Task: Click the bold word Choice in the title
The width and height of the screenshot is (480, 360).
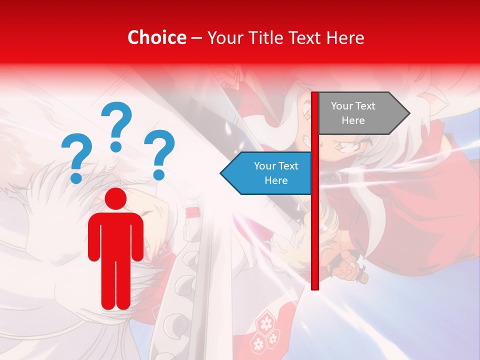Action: (156, 37)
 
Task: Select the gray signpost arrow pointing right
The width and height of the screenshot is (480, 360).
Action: (360, 113)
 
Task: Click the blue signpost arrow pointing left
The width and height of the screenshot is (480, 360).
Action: (267, 173)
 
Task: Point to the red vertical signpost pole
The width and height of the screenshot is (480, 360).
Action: (315, 225)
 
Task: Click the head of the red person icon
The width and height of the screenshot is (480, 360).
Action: (115, 198)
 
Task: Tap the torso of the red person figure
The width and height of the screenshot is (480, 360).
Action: (115, 235)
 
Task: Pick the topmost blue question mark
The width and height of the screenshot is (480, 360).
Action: (116, 125)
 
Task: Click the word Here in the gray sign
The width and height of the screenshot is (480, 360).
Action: (353, 120)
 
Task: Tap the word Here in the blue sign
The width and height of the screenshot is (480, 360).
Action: (276, 180)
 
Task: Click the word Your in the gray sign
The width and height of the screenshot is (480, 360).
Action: (342, 106)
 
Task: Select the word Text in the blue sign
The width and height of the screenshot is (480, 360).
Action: (287, 166)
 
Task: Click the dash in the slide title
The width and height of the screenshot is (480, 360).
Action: (196, 38)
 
